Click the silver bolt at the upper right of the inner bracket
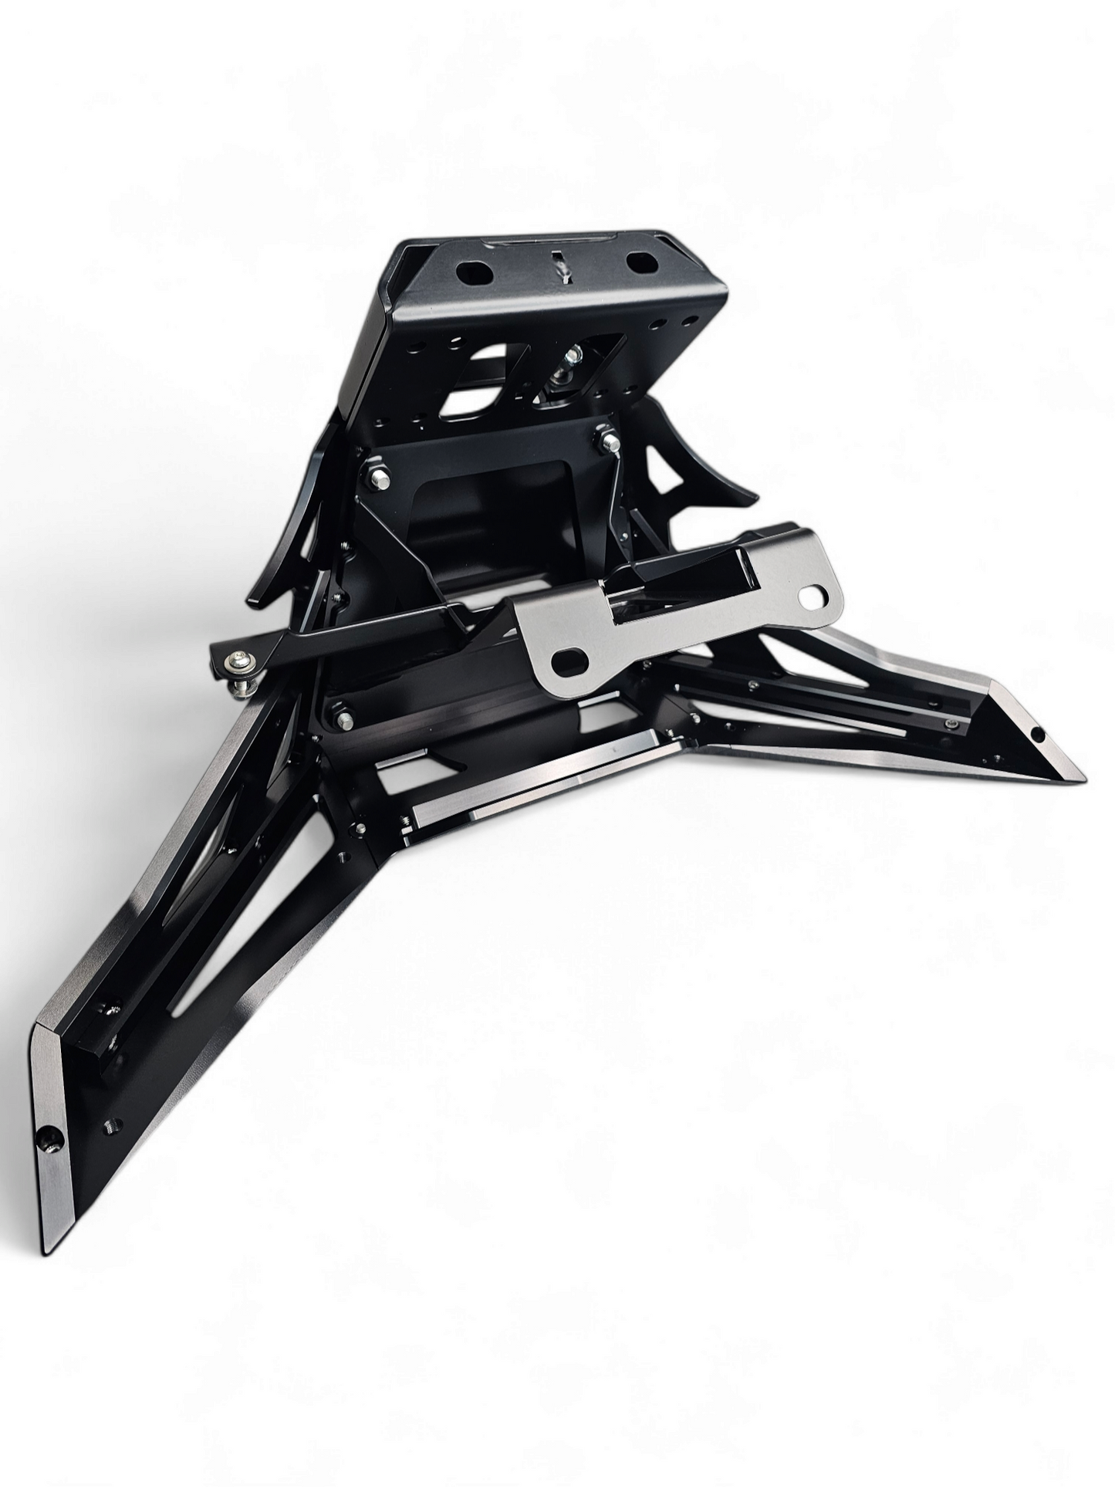(606, 442)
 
